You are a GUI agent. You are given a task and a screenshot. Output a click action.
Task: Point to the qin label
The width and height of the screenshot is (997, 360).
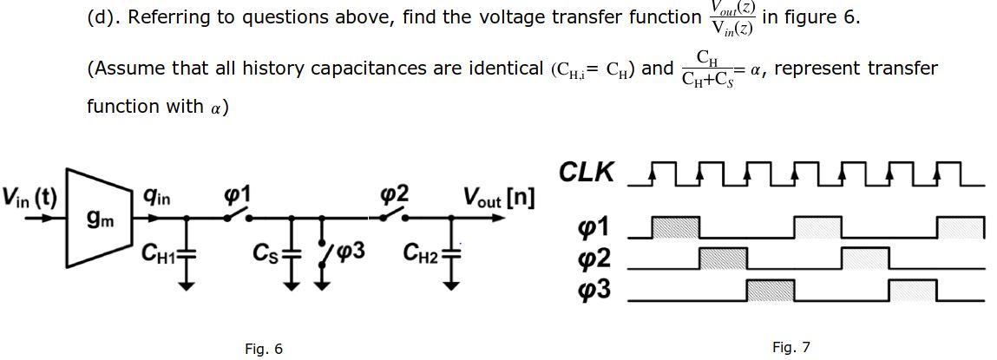[x=157, y=198]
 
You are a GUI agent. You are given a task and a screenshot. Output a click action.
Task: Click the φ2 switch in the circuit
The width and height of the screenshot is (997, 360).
[x=394, y=213]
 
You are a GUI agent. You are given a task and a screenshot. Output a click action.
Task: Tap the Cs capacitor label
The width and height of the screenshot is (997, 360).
[x=265, y=252]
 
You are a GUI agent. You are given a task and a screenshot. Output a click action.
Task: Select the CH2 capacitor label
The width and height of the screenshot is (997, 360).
[x=422, y=252]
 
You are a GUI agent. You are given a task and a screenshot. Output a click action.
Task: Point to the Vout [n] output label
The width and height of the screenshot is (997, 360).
[x=498, y=198]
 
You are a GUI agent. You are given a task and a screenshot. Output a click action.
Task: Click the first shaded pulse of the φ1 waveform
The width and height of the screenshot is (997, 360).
[x=675, y=227]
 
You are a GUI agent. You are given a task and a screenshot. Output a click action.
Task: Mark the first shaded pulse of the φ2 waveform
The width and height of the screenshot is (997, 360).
[x=723, y=258]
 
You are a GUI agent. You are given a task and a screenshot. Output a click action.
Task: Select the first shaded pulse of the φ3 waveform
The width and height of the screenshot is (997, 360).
[x=771, y=290]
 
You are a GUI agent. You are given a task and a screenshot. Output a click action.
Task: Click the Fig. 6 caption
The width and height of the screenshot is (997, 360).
[x=264, y=349]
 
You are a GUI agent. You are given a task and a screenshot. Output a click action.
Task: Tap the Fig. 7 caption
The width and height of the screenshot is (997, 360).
[x=790, y=347]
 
